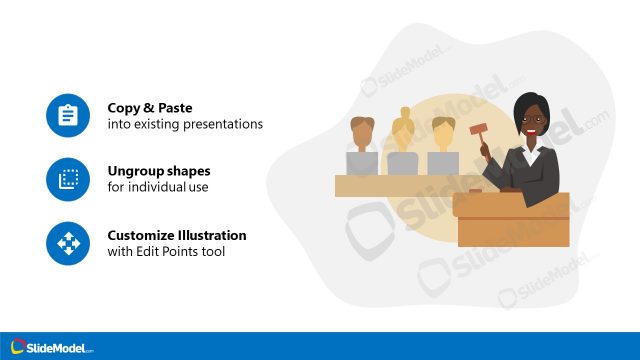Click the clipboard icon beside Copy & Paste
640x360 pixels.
[x=68, y=116]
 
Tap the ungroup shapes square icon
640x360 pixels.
[x=68, y=179]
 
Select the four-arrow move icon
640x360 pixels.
[x=68, y=242]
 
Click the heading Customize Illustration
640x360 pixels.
[x=177, y=235]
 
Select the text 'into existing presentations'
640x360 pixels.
[x=185, y=124]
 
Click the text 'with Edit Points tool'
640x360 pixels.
[x=166, y=251]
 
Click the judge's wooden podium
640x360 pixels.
[x=512, y=220]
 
